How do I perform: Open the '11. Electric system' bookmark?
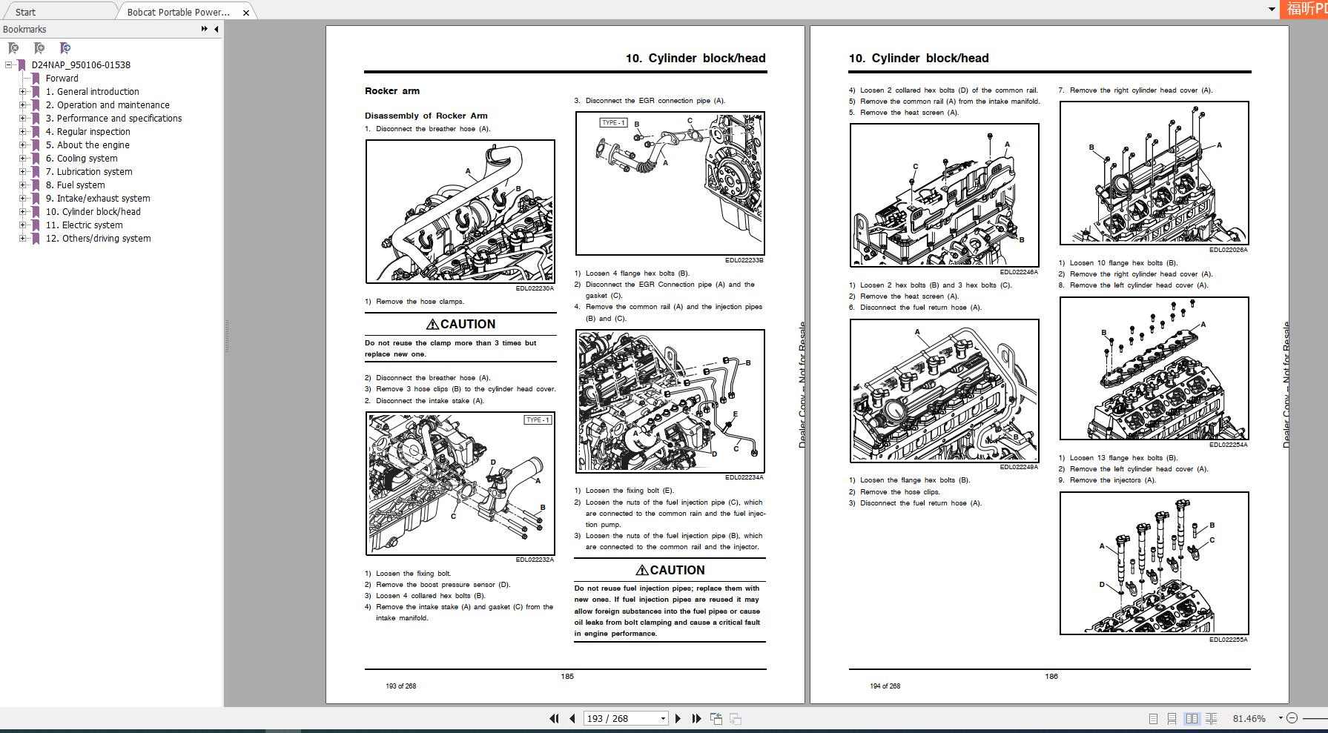pos(84,225)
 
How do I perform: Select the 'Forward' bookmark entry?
pos(62,78)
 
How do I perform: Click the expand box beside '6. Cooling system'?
pos(22,158)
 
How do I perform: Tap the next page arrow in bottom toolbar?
pos(678,718)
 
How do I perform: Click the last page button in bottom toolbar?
pos(696,718)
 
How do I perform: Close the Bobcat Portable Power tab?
pos(246,13)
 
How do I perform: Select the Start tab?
pos(25,12)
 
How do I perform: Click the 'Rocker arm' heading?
pos(392,91)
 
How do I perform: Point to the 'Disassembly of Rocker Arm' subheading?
pos(426,116)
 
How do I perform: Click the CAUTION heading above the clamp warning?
pos(460,324)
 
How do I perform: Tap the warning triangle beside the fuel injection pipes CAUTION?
pos(641,570)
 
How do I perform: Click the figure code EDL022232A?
pos(535,560)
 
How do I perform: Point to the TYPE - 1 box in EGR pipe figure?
pos(612,122)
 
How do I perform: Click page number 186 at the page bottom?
pos(1051,676)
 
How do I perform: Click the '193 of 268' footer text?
pos(400,686)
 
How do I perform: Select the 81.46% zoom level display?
pos(1249,718)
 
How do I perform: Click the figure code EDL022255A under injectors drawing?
pos(1228,640)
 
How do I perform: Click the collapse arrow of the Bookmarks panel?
pos(216,29)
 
